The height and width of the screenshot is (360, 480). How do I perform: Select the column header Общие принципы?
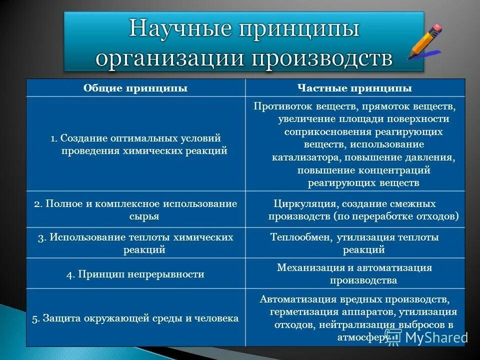tap(135, 88)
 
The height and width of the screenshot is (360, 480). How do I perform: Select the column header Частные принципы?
tap(355, 88)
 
